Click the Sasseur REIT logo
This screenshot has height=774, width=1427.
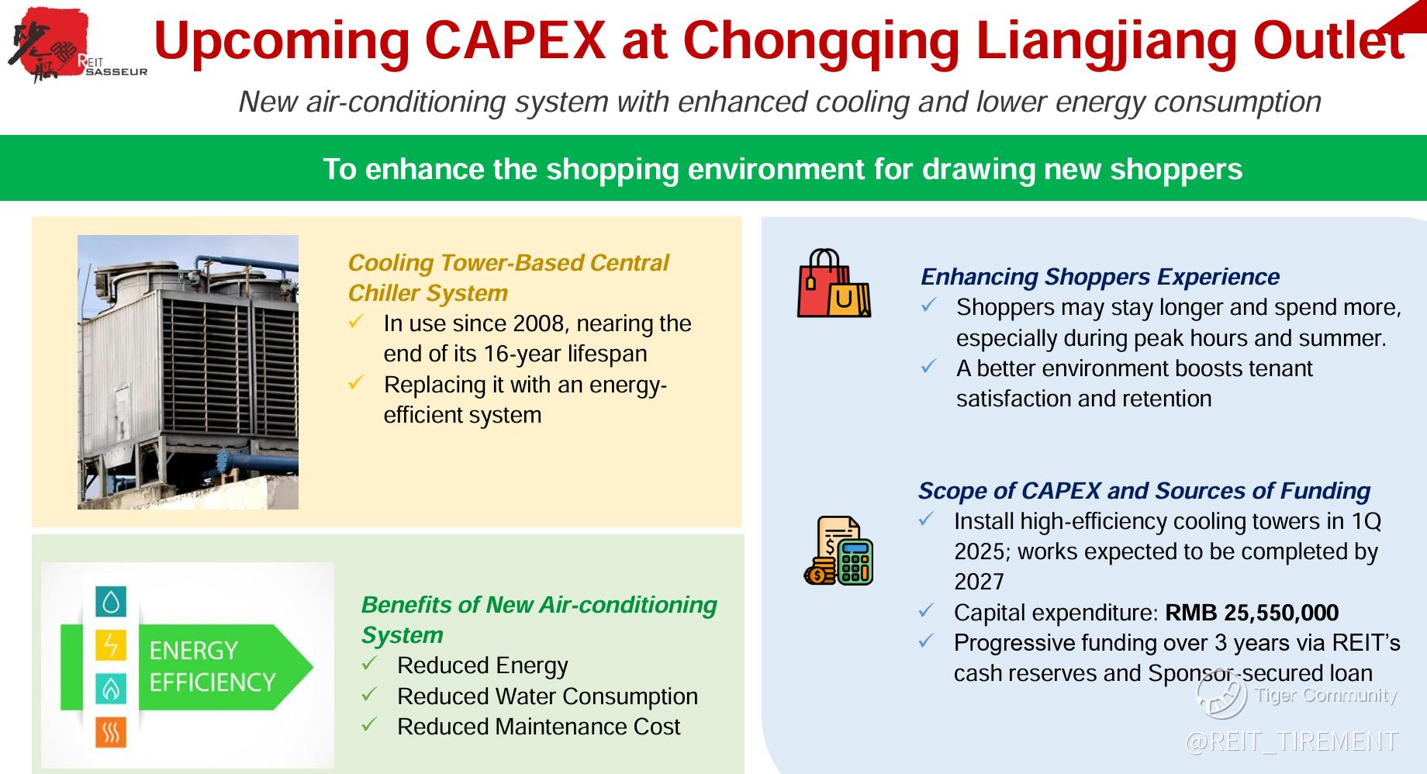[76, 45]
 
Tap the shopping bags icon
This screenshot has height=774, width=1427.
[834, 283]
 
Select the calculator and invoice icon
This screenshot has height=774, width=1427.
[838, 550]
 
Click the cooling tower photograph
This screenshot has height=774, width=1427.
[188, 372]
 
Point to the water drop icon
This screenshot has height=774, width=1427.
[111, 602]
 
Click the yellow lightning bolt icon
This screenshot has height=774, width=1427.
[111, 644]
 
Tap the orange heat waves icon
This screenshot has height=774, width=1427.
[111, 732]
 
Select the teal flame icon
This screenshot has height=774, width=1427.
[111, 689]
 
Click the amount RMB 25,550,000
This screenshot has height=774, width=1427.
[1252, 613]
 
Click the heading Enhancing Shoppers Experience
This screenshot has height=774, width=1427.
[1100, 277]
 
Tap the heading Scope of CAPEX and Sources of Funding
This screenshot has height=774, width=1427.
[1144, 491]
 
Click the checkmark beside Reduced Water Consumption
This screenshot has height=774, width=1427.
[369, 694]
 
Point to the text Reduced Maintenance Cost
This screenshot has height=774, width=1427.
[538, 727]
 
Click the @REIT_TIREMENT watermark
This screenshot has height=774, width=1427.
[1291, 741]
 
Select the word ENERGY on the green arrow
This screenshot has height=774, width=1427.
[194, 650]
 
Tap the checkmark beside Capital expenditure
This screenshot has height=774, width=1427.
[926, 611]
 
